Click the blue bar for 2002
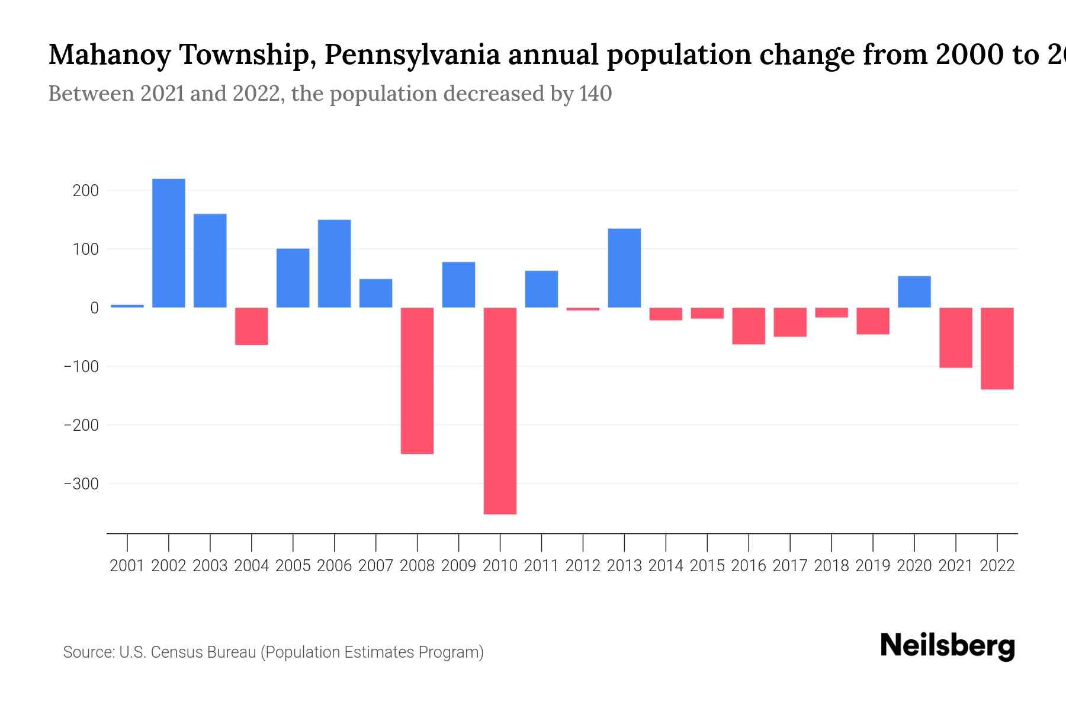coord(169,243)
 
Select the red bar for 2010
coord(500,411)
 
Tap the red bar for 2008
coord(417,380)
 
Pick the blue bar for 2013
coord(624,268)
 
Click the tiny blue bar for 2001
coord(127,306)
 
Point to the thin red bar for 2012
coord(583,309)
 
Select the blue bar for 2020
coord(914,292)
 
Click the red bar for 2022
coord(997,348)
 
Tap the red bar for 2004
coord(252,326)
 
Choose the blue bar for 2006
coord(335,264)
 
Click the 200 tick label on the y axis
coord(86,191)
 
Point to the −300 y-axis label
coord(81,484)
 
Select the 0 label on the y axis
coord(94,308)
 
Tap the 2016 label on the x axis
coord(749,566)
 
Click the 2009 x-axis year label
coord(458,566)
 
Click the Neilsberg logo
coord(948,646)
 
